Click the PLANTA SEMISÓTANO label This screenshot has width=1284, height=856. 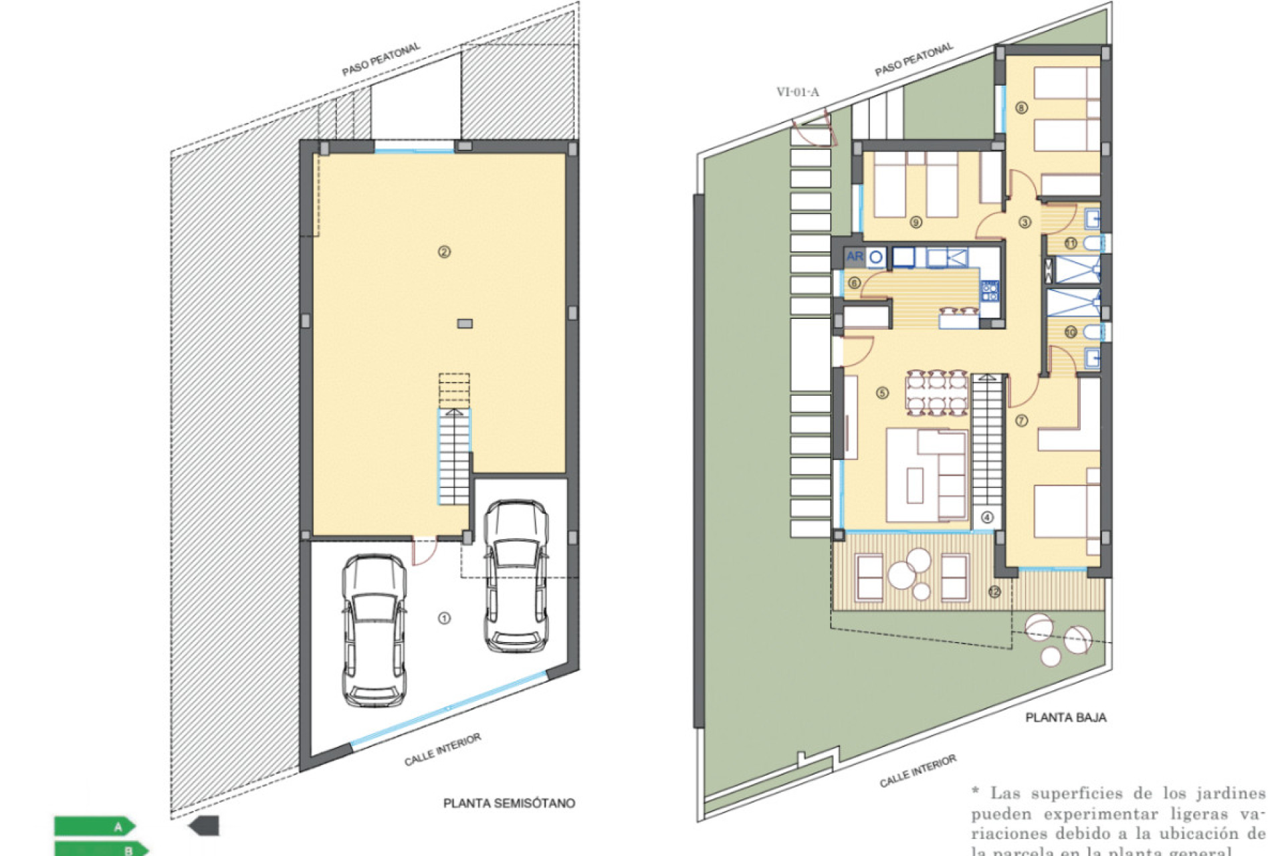[509, 803]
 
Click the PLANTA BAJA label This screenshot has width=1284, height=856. [1066, 718]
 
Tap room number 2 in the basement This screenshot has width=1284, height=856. [444, 252]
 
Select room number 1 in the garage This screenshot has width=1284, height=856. [444, 619]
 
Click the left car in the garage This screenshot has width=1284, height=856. [374, 630]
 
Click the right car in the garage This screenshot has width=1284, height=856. [516, 576]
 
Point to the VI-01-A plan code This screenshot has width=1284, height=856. [797, 92]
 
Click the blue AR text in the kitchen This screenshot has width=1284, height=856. [854, 256]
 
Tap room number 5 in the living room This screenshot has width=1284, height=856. [883, 393]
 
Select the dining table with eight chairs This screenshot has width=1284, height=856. [936, 393]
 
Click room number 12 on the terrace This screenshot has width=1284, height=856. [994, 592]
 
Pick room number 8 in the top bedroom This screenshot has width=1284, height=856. [1021, 108]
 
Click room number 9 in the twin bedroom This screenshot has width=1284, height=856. [916, 222]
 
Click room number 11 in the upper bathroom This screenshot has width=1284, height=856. [1071, 243]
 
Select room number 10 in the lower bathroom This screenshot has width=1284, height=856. [1071, 332]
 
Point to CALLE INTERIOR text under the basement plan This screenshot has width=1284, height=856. [442, 750]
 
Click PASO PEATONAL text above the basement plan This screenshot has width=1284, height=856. [381, 60]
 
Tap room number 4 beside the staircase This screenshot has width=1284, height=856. [987, 517]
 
